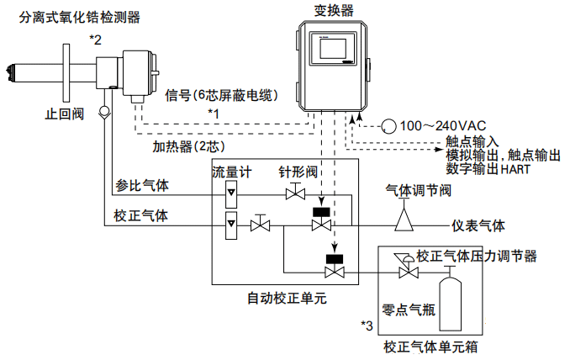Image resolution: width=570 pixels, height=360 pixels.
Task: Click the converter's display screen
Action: click(335, 52)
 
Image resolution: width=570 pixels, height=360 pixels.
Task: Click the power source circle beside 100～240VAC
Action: click(389, 125)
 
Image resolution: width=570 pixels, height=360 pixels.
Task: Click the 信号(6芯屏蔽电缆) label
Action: click(222, 94)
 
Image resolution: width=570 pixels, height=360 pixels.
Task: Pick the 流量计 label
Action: click(232, 171)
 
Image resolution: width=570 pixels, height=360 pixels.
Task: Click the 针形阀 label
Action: click(298, 171)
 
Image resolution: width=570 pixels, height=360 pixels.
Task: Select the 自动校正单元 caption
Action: click(286, 298)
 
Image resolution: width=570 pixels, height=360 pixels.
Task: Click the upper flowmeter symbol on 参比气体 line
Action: click(230, 194)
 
